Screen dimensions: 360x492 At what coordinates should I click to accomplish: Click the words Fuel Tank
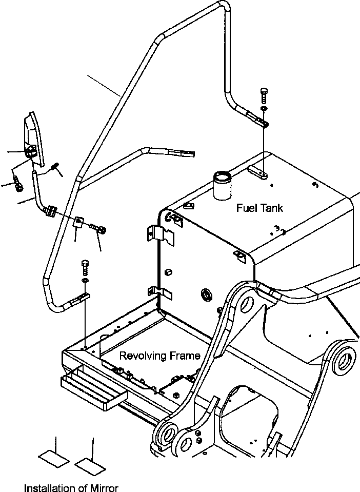pyautogui.click(x=259, y=208)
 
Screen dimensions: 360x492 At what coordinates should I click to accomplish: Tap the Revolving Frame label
pyautogui.click(x=160, y=356)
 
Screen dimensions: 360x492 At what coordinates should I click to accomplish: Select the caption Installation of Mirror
pyautogui.click(x=71, y=488)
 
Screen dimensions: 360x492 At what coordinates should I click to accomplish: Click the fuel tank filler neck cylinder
pyautogui.click(x=222, y=185)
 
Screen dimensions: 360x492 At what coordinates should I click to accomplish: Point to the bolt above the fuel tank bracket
pyautogui.click(x=264, y=96)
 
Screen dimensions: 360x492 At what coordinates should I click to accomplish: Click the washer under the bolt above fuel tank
pyautogui.click(x=264, y=108)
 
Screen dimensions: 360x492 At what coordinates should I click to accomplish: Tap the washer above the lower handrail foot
pyautogui.click(x=85, y=280)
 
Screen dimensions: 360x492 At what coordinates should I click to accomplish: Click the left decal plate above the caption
pyautogui.click(x=54, y=459)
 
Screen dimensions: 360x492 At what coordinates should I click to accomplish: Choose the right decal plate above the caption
pyautogui.click(x=90, y=465)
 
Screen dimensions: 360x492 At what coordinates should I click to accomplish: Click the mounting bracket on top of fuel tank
pyautogui.click(x=258, y=172)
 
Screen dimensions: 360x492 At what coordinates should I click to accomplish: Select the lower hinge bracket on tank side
pyautogui.click(x=160, y=293)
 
